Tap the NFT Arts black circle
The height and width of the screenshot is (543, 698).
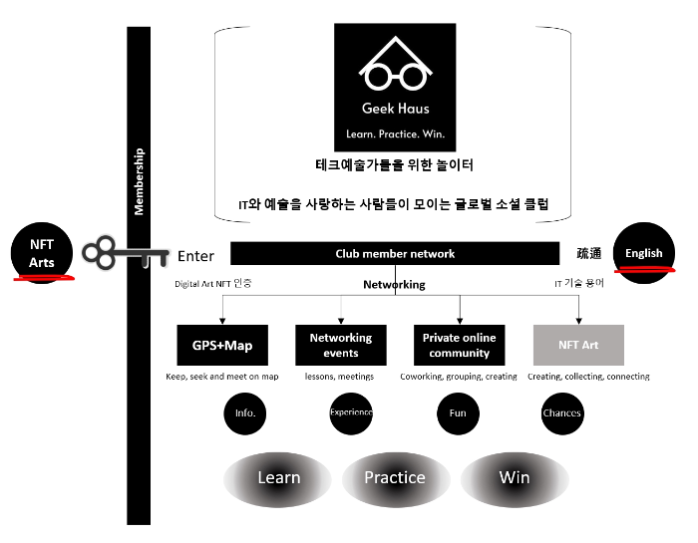41,253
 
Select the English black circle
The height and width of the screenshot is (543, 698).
643,253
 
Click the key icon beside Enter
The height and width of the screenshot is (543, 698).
125,254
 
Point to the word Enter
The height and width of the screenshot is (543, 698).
196,256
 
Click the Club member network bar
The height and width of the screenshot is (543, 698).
394,254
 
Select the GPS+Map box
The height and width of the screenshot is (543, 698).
222,345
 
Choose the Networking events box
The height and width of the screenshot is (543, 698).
340,345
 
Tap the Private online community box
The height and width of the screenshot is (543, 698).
459,345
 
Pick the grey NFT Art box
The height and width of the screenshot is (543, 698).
577,345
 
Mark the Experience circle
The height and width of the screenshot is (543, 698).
351,412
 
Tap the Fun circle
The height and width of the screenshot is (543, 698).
459,412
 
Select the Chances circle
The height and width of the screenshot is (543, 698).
563,412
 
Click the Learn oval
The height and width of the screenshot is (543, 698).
279,477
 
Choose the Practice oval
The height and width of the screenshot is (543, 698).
395,477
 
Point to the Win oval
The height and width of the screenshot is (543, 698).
515,477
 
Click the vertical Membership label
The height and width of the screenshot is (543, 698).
140,181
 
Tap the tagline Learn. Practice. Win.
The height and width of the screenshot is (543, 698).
395,133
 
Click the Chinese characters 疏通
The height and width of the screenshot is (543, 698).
590,254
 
